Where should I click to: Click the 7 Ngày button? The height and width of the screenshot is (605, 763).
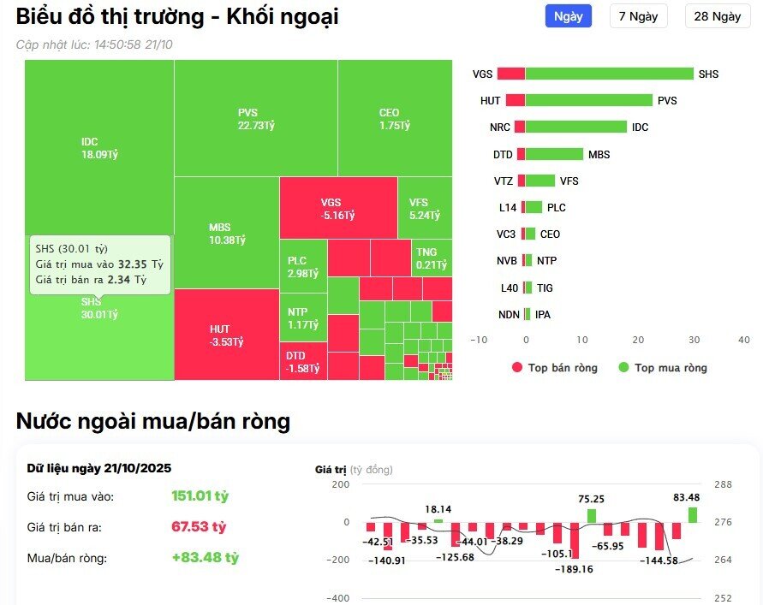pyautogui.click(x=638, y=16)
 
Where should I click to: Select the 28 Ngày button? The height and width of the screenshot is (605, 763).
pyautogui.click(x=717, y=16)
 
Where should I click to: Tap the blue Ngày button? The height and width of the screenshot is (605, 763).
pyautogui.click(x=568, y=16)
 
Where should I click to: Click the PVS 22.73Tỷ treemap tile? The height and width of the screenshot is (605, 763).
pyautogui.click(x=255, y=118)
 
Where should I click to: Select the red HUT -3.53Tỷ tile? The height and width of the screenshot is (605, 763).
pyautogui.click(x=226, y=335)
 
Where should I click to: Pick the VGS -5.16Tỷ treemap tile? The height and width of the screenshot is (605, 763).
pyautogui.click(x=337, y=208)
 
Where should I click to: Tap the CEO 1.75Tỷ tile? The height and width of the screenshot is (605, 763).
pyautogui.click(x=395, y=118)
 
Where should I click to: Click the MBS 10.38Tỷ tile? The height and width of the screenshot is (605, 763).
pyautogui.click(x=226, y=233)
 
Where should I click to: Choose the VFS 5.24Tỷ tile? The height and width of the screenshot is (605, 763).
pyautogui.click(x=424, y=208)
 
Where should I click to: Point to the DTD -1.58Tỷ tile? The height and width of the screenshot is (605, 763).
pyautogui.click(x=302, y=361)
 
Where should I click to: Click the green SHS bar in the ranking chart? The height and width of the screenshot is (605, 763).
pyautogui.click(x=609, y=74)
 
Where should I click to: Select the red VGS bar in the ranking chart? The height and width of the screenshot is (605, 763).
pyautogui.click(x=510, y=74)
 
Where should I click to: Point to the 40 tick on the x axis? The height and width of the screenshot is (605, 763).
pyautogui.click(x=743, y=340)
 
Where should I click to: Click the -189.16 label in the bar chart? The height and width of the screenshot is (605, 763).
pyautogui.click(x=574, y=568)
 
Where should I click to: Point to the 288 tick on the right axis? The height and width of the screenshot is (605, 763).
pyautogui.click(x=723, y=484)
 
